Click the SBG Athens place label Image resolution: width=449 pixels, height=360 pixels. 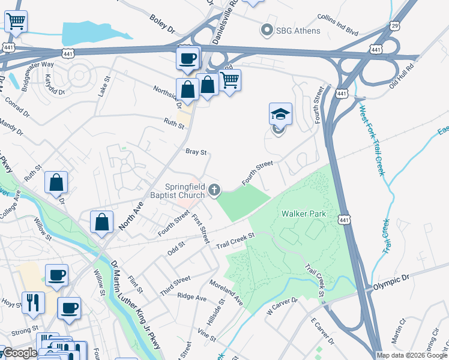tap(298, 30)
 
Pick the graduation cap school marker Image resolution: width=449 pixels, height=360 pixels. tap(280, 114)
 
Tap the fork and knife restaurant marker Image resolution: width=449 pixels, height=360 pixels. tap(32, 301)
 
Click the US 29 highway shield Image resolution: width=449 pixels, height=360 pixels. tap(394, 26)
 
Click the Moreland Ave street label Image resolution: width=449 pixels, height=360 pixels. tap(226, 292)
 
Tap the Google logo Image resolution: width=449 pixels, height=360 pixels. tap(19, 353)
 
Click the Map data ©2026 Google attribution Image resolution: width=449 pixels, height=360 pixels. tap(412, 355)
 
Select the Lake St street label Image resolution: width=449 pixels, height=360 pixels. tap(105, 86)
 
